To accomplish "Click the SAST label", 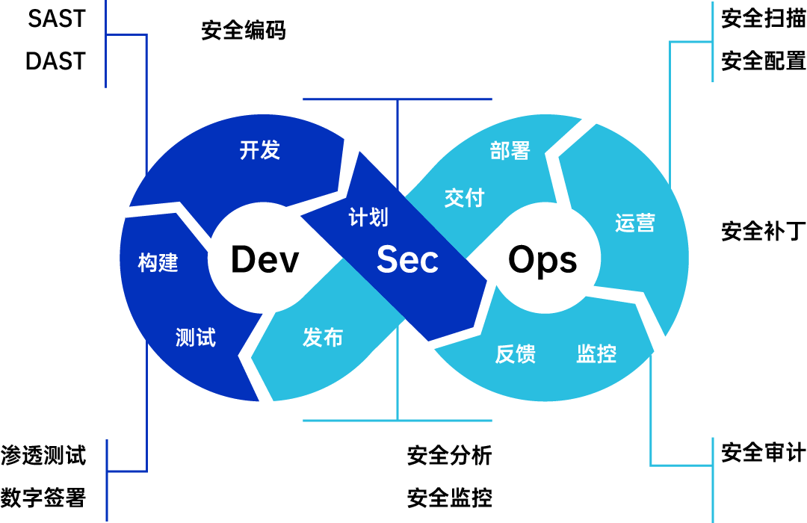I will [x=57, y=19].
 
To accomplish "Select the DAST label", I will [x=56, y=61].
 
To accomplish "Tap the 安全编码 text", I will [x=244, y=31].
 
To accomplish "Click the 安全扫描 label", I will [x=763, y=19].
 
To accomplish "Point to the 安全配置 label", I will [x=763, y=61].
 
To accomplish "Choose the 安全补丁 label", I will [x=763, y=230].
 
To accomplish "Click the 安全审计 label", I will [x=763, y=453].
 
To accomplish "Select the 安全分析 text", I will [x=450, y=455].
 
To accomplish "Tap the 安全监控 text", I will [x=450, y=497].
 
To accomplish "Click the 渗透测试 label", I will [x=43, y=455].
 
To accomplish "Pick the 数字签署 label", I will [x=43, y=497].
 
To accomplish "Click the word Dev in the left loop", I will [x=265, y=260].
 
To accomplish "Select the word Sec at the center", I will [x=407, y=260].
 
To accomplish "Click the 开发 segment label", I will [x=260, y=150].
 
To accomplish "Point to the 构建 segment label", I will [x=158, y=262].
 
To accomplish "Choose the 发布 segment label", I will [x=323, y=338].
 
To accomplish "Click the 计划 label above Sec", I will [x=368, y=217].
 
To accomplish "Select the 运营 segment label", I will [x=635, y=223].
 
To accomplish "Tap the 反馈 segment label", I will [x=516, y=353].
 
